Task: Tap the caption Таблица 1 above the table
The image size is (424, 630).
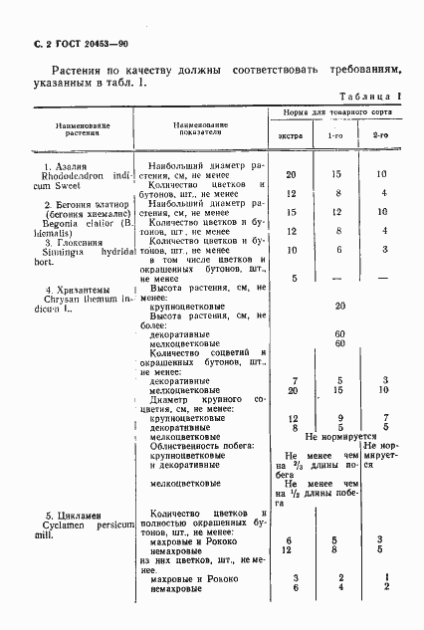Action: click(x=373, y=98)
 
